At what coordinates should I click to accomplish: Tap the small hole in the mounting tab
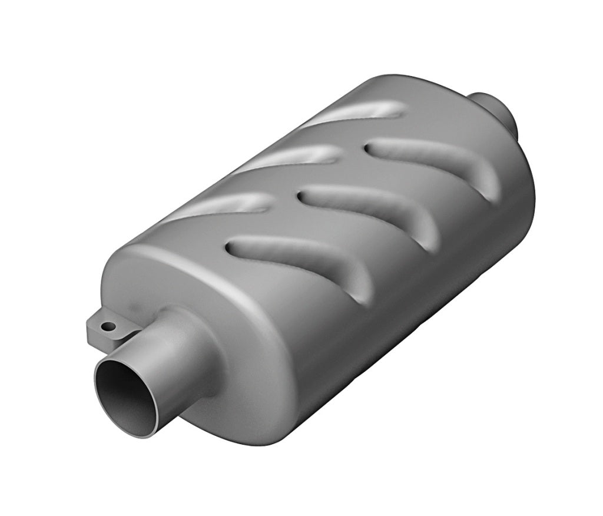[108, 326]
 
